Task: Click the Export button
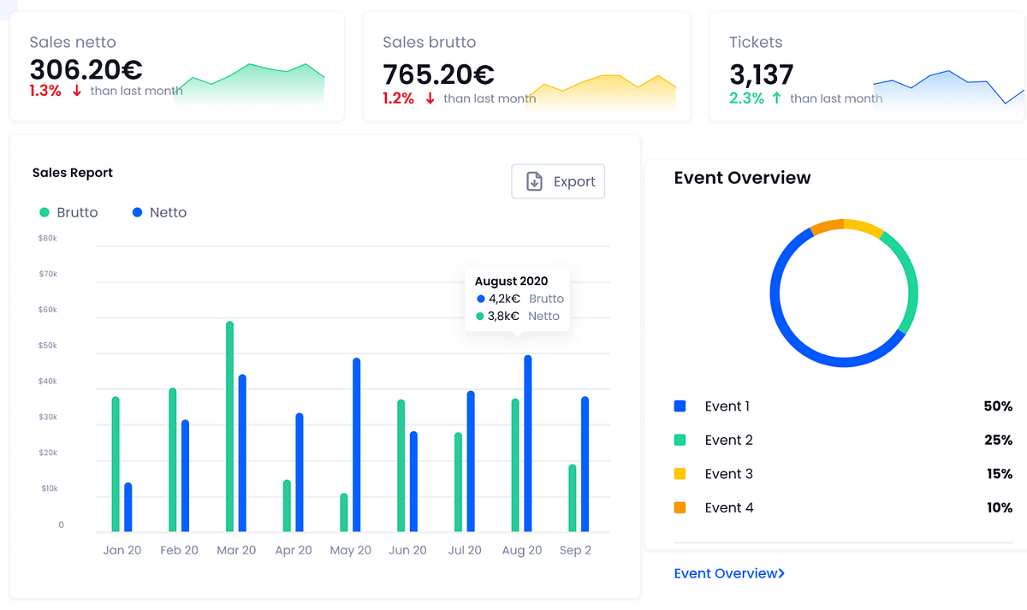click(558, 181)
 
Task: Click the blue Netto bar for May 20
click(356, 445)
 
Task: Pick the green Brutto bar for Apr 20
click(287, 506)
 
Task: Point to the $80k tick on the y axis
click(48, 238)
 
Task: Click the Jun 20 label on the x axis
click(407, 550)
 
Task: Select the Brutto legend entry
click(68, 212)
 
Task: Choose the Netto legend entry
click(160, 212)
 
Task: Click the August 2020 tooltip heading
click(511, 281)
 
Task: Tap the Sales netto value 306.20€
click(86, 69)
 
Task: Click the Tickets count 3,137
click(761, 74)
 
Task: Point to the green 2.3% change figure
click(746, 98)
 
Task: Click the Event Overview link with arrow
click(729, 573)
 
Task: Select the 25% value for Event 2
click(999, 440)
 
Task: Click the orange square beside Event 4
click(680, 507)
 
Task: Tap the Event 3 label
click(728, 474)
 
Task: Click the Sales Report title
click(73, 173)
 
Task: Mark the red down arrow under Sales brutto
click(430, 98)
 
